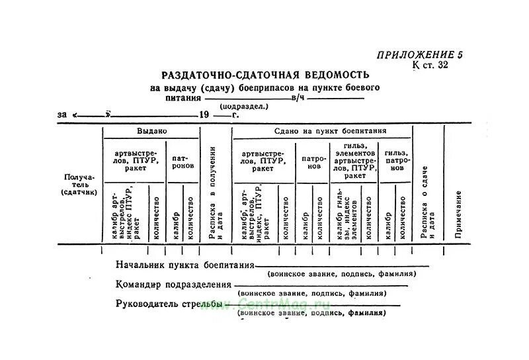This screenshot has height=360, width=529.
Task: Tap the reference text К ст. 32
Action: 430,65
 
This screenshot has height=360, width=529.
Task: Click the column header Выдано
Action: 151,131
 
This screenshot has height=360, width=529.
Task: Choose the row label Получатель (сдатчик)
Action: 79,184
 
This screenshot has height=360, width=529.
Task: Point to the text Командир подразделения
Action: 173,285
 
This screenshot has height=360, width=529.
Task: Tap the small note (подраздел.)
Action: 244,106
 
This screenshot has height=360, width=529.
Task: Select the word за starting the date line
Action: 62,114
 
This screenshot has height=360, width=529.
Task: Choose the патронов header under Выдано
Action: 183,162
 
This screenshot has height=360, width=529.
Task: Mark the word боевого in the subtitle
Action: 361,87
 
